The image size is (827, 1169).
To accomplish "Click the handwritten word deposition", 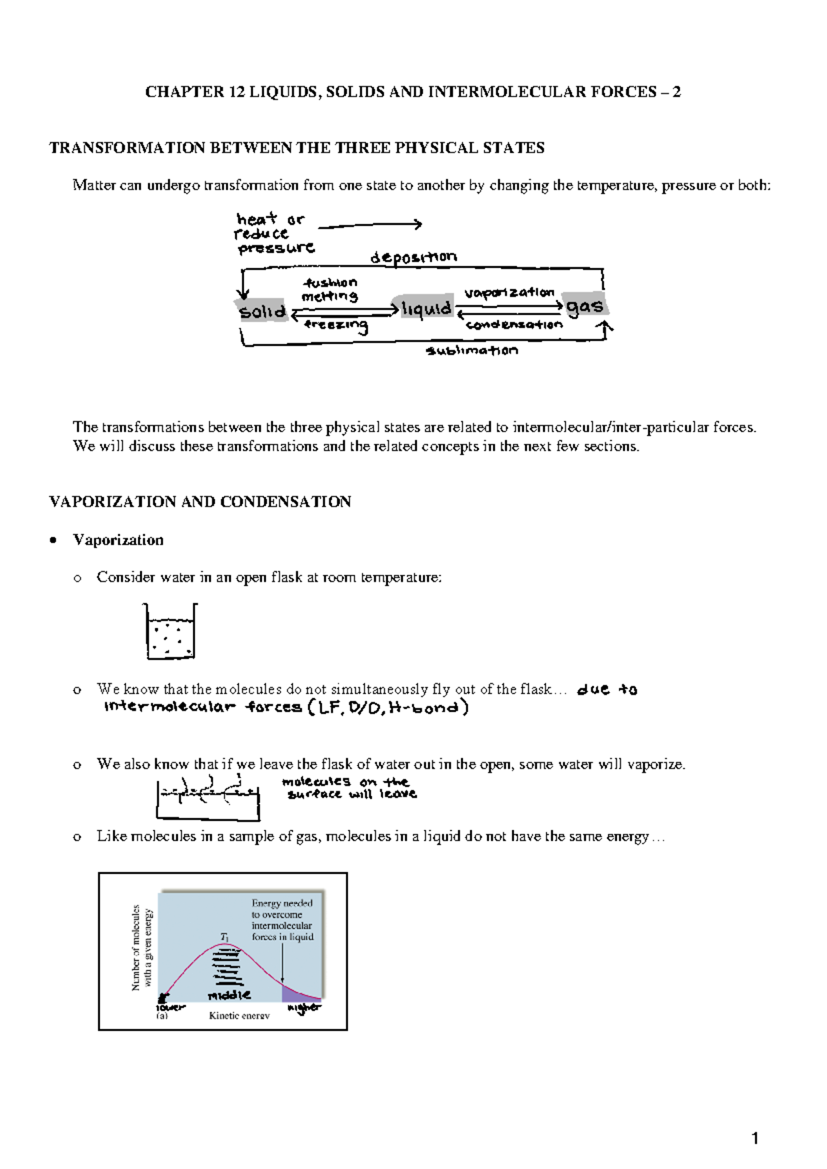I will pyautogui.click(x=413, y=258).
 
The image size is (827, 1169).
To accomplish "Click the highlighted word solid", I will pyautogui.click(x=262, y=312).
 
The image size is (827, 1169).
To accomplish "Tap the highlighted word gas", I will pyautogui.click(x=585, y=306).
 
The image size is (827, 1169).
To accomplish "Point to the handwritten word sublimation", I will pyautogui.click(x=472, y=351).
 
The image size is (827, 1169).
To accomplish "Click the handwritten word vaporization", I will pyautogui.click(x=509, y=292).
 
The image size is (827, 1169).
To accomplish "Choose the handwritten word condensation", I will pyautogui.click(x=514, y=325).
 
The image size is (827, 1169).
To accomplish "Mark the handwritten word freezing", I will pyautogui.click(x=336, y=325).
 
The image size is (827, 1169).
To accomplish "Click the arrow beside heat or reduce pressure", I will pyautogui.click(x=369, y=225).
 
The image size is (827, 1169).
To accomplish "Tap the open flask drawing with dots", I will pyautogui.click(x=170, y=631).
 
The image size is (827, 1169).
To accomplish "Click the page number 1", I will pyautogui.click(x=755, y=1139).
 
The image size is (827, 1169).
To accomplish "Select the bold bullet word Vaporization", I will pyautogui.click(x=119, y=540).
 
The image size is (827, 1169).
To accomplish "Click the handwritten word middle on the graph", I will pyautogui.click(x=229, y=995).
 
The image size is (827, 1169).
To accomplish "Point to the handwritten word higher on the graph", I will pyautogui.click(x=304, y=1008).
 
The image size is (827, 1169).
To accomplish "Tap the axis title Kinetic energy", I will pyautogui.click(x=239, y=1016).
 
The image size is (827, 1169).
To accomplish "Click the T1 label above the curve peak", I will pyautogui.click(x=225, y=936).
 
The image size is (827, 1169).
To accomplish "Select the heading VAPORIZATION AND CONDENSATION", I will pyautogui.click(x=200, y=502).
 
